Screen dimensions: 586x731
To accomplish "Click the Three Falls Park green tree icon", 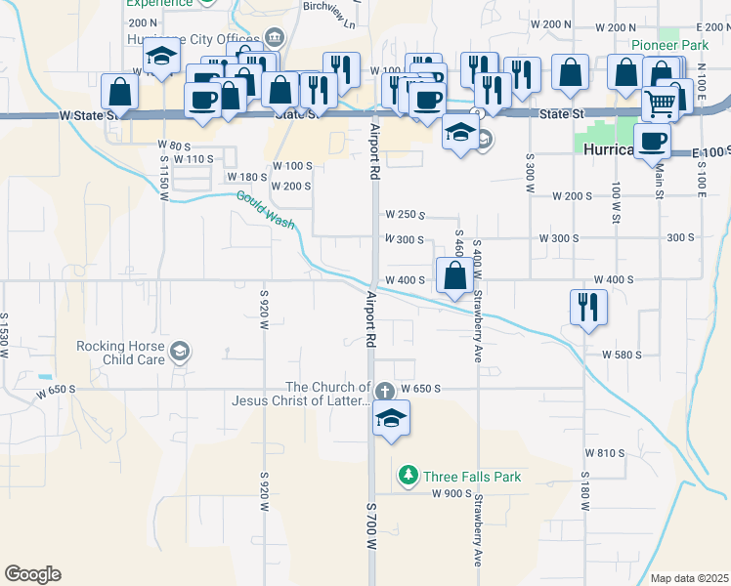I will (x=408, y=476).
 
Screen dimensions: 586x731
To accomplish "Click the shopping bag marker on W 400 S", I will (x=454, y=275).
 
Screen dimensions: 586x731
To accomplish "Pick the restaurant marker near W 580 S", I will (x=588, y=308).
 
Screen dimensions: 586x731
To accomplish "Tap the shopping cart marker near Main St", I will (x=662, y=101).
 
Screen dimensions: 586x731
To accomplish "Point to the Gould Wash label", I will (x=265, y=210).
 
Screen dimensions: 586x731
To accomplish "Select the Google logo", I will (x=32, y=574).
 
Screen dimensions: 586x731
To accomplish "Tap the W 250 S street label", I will (x=404, y=214).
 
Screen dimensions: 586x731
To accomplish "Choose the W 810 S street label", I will (x=605, y=453).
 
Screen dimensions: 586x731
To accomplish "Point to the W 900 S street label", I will (x=451, y=494).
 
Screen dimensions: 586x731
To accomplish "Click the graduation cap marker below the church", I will (x=391, y=419).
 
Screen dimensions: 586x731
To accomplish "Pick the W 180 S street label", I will (x=246, y=177).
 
